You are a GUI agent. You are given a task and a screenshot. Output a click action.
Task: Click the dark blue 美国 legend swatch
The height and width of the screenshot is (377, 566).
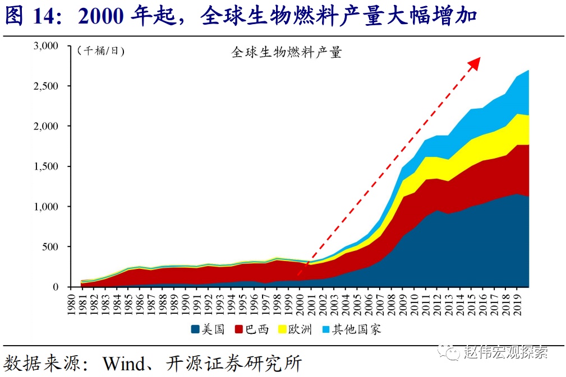(195, 329)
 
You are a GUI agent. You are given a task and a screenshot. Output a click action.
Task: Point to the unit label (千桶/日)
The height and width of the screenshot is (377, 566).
(101, 51)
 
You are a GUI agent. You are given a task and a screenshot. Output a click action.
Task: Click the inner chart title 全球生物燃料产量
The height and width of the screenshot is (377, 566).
(286, 53)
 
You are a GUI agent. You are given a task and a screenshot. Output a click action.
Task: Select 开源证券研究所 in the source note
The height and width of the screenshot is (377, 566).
(234, 364)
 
